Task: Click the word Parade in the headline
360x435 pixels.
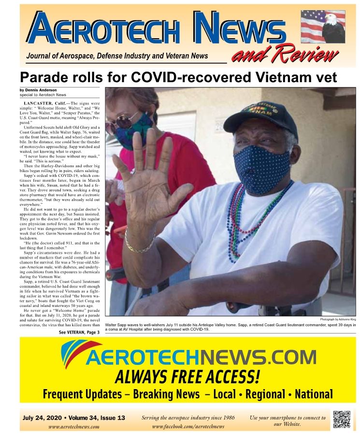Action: click(x=47, y=77)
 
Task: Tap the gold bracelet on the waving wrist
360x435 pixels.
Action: click(x=139, y=245)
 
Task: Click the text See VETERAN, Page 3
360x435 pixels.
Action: click(x=79, y=333)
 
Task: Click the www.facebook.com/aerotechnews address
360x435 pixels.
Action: click(x=188, y=426)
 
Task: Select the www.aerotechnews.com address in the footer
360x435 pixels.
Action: click(x=74, y=427)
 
